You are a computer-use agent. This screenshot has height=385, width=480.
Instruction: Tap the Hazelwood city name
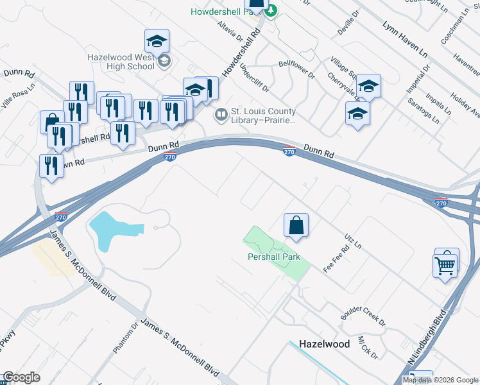(x=325, y=344)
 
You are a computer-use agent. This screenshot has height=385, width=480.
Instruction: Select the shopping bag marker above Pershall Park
(x=296, y=225)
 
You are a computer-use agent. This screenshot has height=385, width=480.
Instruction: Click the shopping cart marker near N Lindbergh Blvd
(x=445, y=264)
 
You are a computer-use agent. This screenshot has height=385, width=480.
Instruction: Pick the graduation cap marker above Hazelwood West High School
(x=157, y=42)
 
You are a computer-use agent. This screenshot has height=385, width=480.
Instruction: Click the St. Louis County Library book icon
(x=221, y=114)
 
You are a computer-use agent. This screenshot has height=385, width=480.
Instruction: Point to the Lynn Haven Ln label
(x=405, y=38)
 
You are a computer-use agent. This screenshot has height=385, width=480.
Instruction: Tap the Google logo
(x=21, y=377)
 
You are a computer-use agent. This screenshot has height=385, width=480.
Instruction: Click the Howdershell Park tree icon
(x=271, y=11)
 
